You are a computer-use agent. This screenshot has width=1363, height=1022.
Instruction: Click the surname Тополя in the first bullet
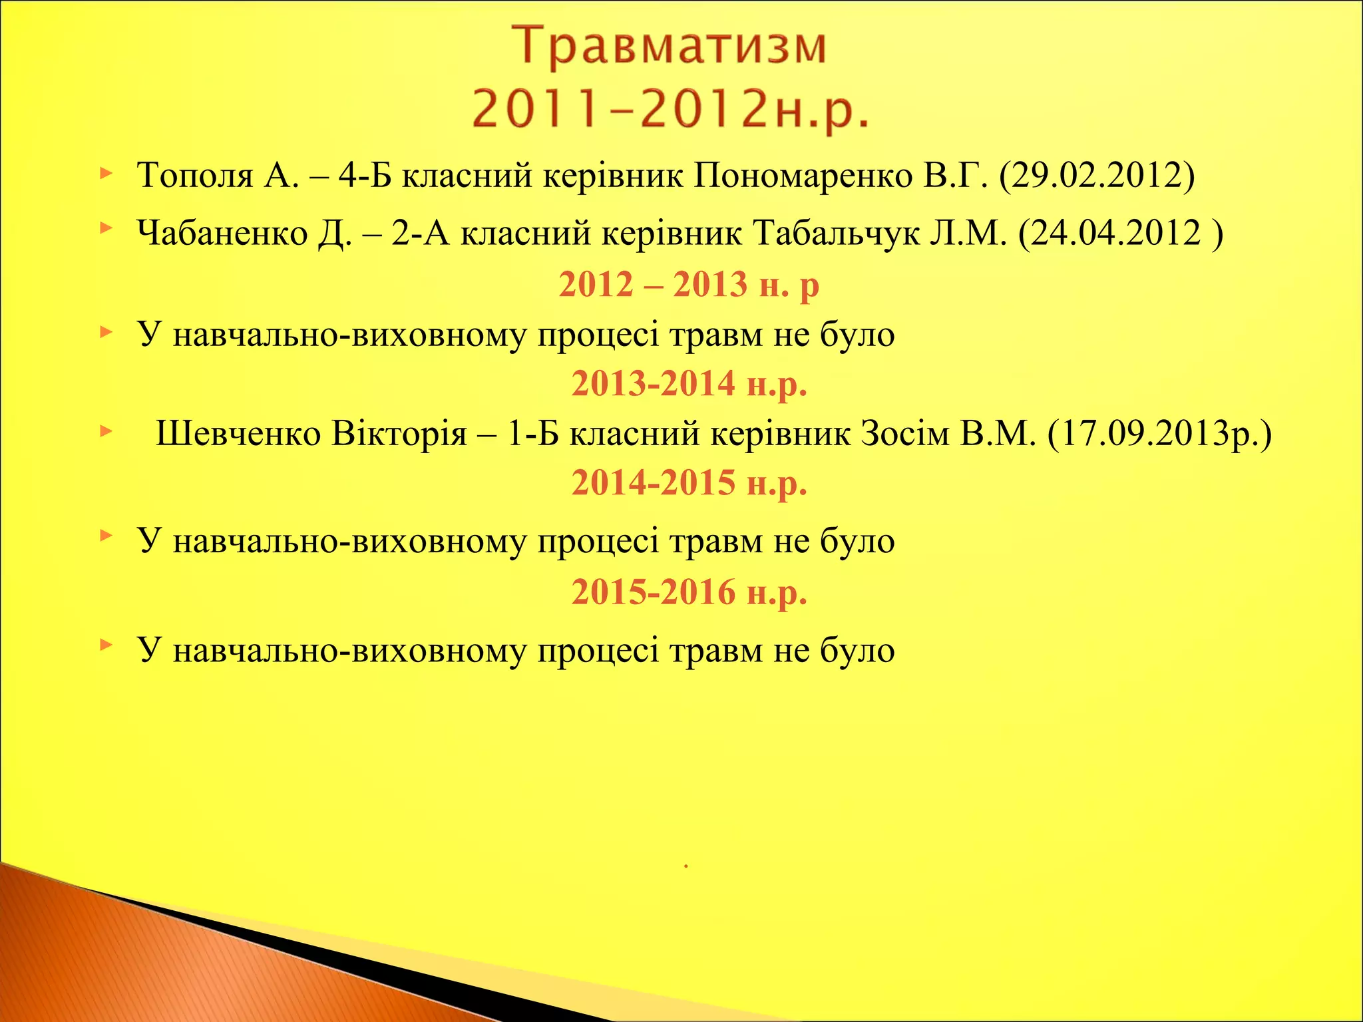pos(195,176)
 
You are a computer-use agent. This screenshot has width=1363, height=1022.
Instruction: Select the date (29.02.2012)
pos(1097,176)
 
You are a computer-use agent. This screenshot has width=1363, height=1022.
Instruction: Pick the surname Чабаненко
pos(222,234)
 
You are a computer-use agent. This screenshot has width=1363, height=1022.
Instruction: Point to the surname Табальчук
pos(836,234)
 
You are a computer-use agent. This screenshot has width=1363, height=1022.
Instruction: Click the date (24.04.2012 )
pos(1121,234)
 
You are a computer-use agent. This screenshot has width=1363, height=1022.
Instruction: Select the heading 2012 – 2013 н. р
pos(689,285)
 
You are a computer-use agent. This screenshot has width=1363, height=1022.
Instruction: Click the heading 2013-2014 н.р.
pos(689,384)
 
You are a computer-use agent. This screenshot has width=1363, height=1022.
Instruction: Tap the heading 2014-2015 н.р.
pos(689,483)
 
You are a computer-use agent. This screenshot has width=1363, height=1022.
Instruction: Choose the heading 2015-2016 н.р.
pos(689,592)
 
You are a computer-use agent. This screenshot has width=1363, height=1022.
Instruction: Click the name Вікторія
pos(399,434)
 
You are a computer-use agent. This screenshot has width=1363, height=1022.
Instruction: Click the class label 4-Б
pos(365,176)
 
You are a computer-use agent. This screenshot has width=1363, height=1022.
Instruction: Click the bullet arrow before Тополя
pos(106,174)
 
